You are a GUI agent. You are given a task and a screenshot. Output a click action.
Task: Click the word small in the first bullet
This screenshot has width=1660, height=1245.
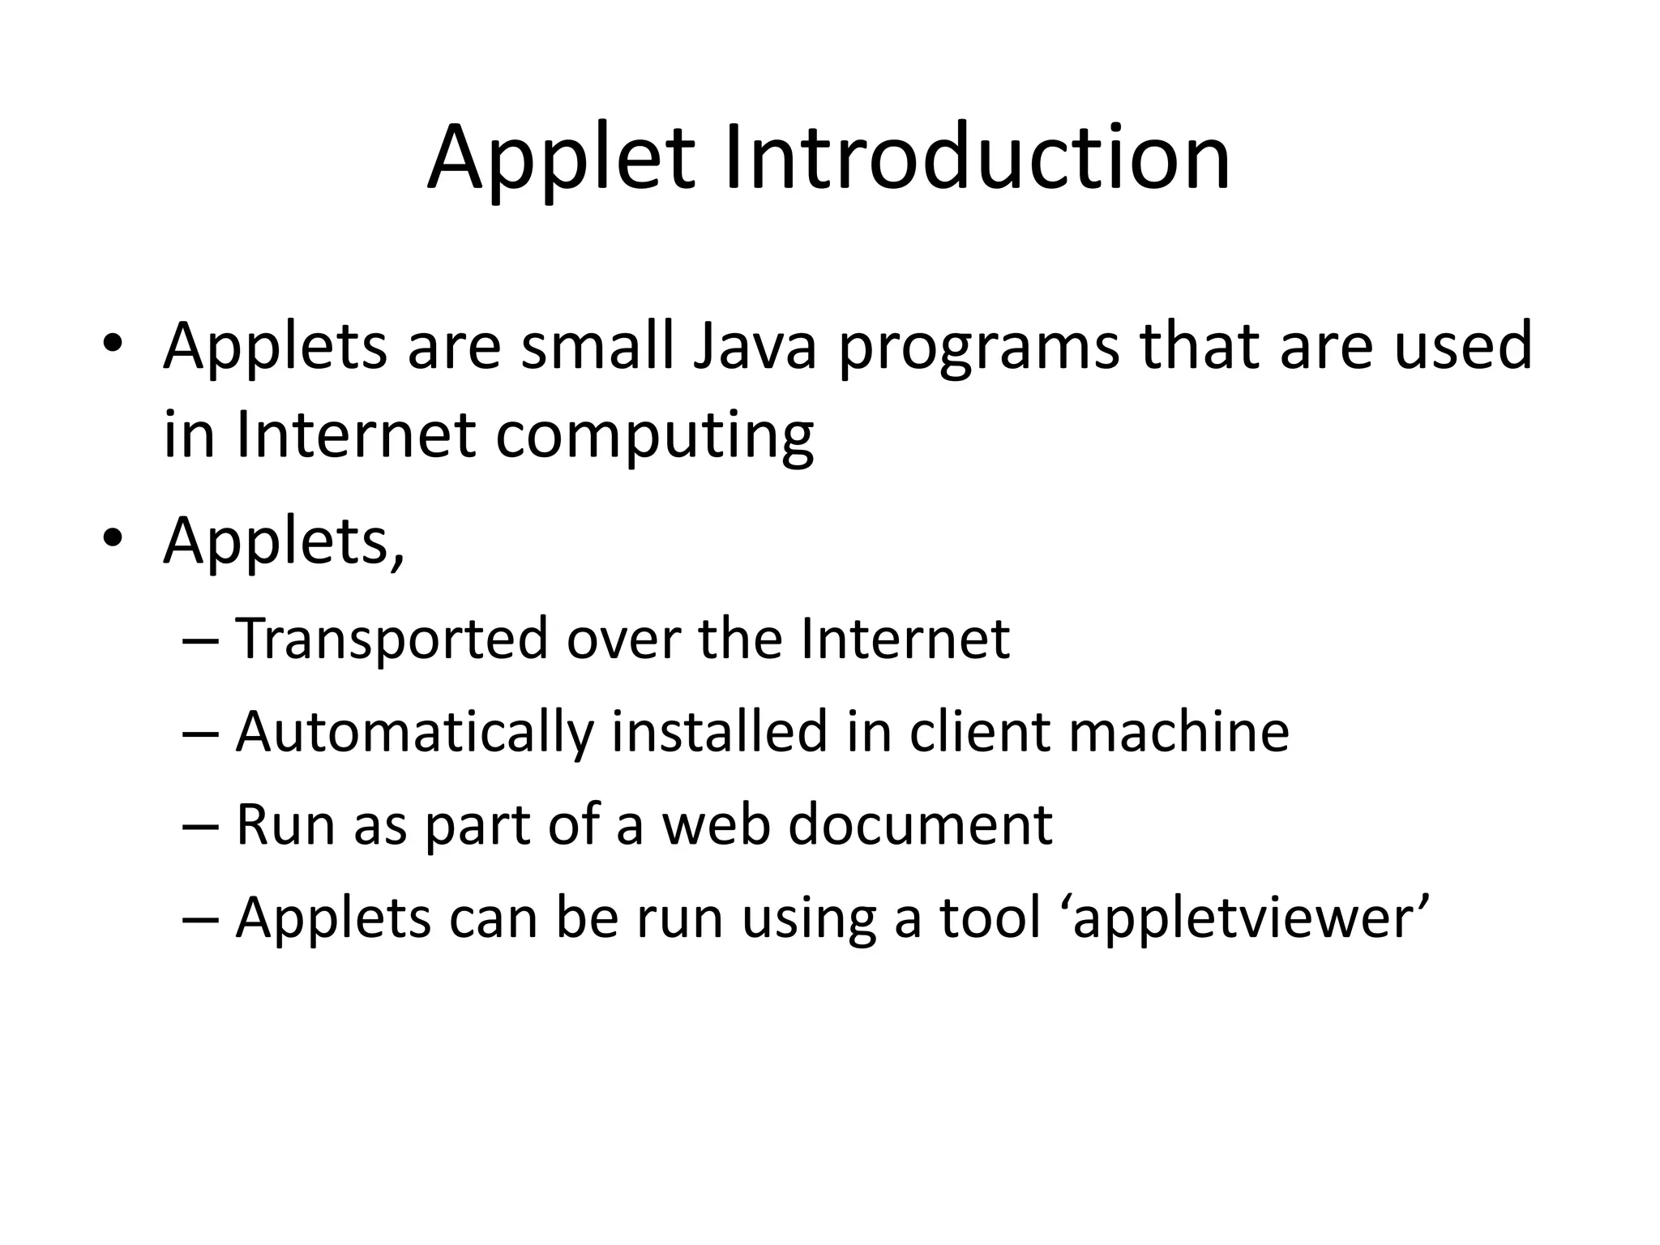tap(597, 346)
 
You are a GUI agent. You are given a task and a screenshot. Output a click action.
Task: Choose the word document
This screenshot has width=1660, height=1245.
tap(920, 825)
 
